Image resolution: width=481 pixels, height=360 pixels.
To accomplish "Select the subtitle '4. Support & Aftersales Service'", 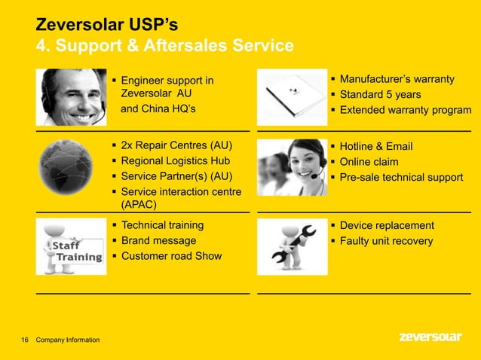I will click(x=165, y=47).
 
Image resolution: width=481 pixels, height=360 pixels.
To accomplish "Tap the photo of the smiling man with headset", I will click(x=72, y=97).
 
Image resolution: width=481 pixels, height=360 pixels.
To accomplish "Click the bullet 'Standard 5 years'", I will click(x=380, y=95).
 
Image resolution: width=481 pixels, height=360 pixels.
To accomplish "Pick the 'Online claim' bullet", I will click(x=369, y=162).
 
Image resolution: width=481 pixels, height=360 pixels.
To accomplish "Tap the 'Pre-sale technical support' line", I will click(x=401, y=178).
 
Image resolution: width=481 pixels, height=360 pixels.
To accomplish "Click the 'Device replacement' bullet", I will click(x=387, y=225).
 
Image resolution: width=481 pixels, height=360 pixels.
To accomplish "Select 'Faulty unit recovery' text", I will click(x=386, y=241).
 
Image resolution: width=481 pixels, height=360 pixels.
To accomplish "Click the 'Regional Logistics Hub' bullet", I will click(x=176, y=161).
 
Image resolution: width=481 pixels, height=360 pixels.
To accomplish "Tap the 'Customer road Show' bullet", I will click(x=171, y=256).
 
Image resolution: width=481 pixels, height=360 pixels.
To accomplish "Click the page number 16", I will click(x=25, y=340).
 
